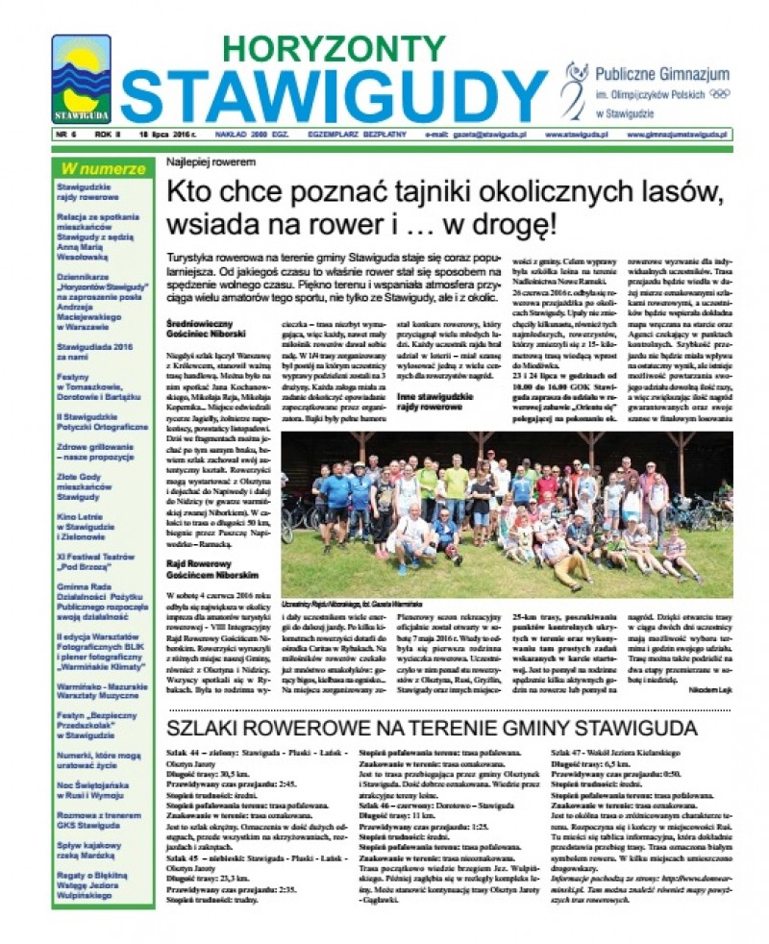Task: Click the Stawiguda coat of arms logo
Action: [x=81, y=79]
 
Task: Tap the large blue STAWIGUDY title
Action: [x=333, y=96]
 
